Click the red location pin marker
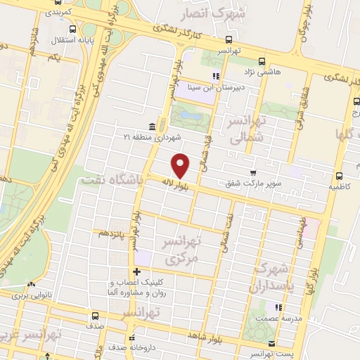tap(181, 165)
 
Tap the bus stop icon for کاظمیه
tap(340, 176)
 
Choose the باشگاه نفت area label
tap(112, 180)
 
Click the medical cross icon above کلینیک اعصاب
tap(136, 271)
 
